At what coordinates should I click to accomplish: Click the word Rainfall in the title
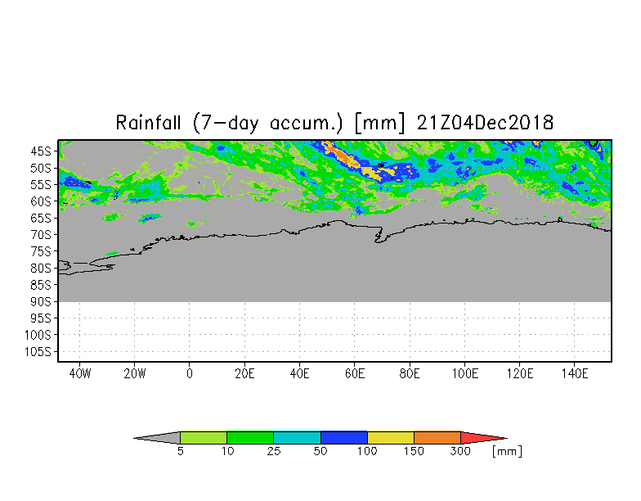151,123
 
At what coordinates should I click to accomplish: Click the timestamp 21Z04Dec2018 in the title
486,123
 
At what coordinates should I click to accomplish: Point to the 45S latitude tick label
41,151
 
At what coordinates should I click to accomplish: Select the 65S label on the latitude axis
41,218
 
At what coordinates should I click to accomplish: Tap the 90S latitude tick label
41,301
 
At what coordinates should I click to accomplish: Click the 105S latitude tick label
38,352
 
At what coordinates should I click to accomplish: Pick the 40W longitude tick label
79,374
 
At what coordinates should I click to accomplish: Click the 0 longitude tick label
190,374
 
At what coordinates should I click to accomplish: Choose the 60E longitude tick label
355,374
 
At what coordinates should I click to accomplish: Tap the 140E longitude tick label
576,374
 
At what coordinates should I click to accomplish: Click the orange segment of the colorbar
437,438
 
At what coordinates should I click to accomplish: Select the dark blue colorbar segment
344,438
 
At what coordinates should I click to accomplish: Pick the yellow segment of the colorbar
391,438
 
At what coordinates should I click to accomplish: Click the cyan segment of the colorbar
297,438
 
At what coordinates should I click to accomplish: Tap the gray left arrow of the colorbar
159,438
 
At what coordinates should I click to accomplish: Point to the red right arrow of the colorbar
481,438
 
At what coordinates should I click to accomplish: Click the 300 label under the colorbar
461,452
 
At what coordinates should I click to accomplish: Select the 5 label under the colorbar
180,452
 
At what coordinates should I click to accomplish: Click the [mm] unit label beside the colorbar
507,452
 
